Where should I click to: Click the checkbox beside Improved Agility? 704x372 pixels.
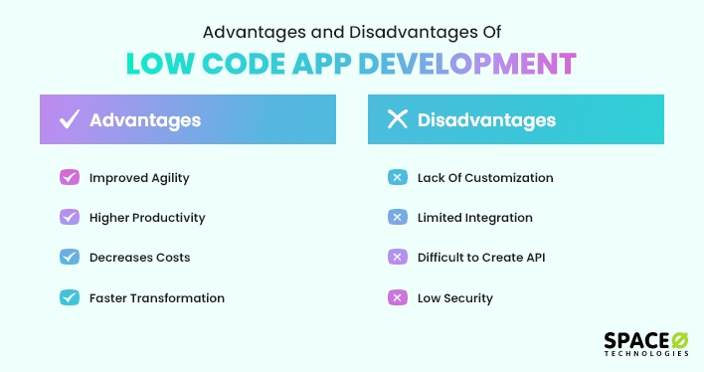70,178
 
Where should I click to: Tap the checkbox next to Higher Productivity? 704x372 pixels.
70,217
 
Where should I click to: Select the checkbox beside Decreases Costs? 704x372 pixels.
70,257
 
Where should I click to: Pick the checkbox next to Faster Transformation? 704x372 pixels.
70,296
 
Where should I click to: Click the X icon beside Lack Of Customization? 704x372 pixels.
397,178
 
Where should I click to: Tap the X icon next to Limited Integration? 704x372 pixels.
397,217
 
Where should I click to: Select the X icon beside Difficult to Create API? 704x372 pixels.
397,257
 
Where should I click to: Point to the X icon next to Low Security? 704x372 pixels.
397,296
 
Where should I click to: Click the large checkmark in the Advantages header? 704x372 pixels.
70,120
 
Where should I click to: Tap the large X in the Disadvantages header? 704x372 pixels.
397,120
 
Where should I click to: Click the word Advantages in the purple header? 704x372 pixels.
145,120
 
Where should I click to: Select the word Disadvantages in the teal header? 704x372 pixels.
486,120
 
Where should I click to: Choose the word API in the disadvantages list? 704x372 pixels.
534,257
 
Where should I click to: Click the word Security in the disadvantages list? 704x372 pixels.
467,296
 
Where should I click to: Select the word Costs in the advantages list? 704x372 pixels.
170,257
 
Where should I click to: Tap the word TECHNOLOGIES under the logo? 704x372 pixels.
646,355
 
